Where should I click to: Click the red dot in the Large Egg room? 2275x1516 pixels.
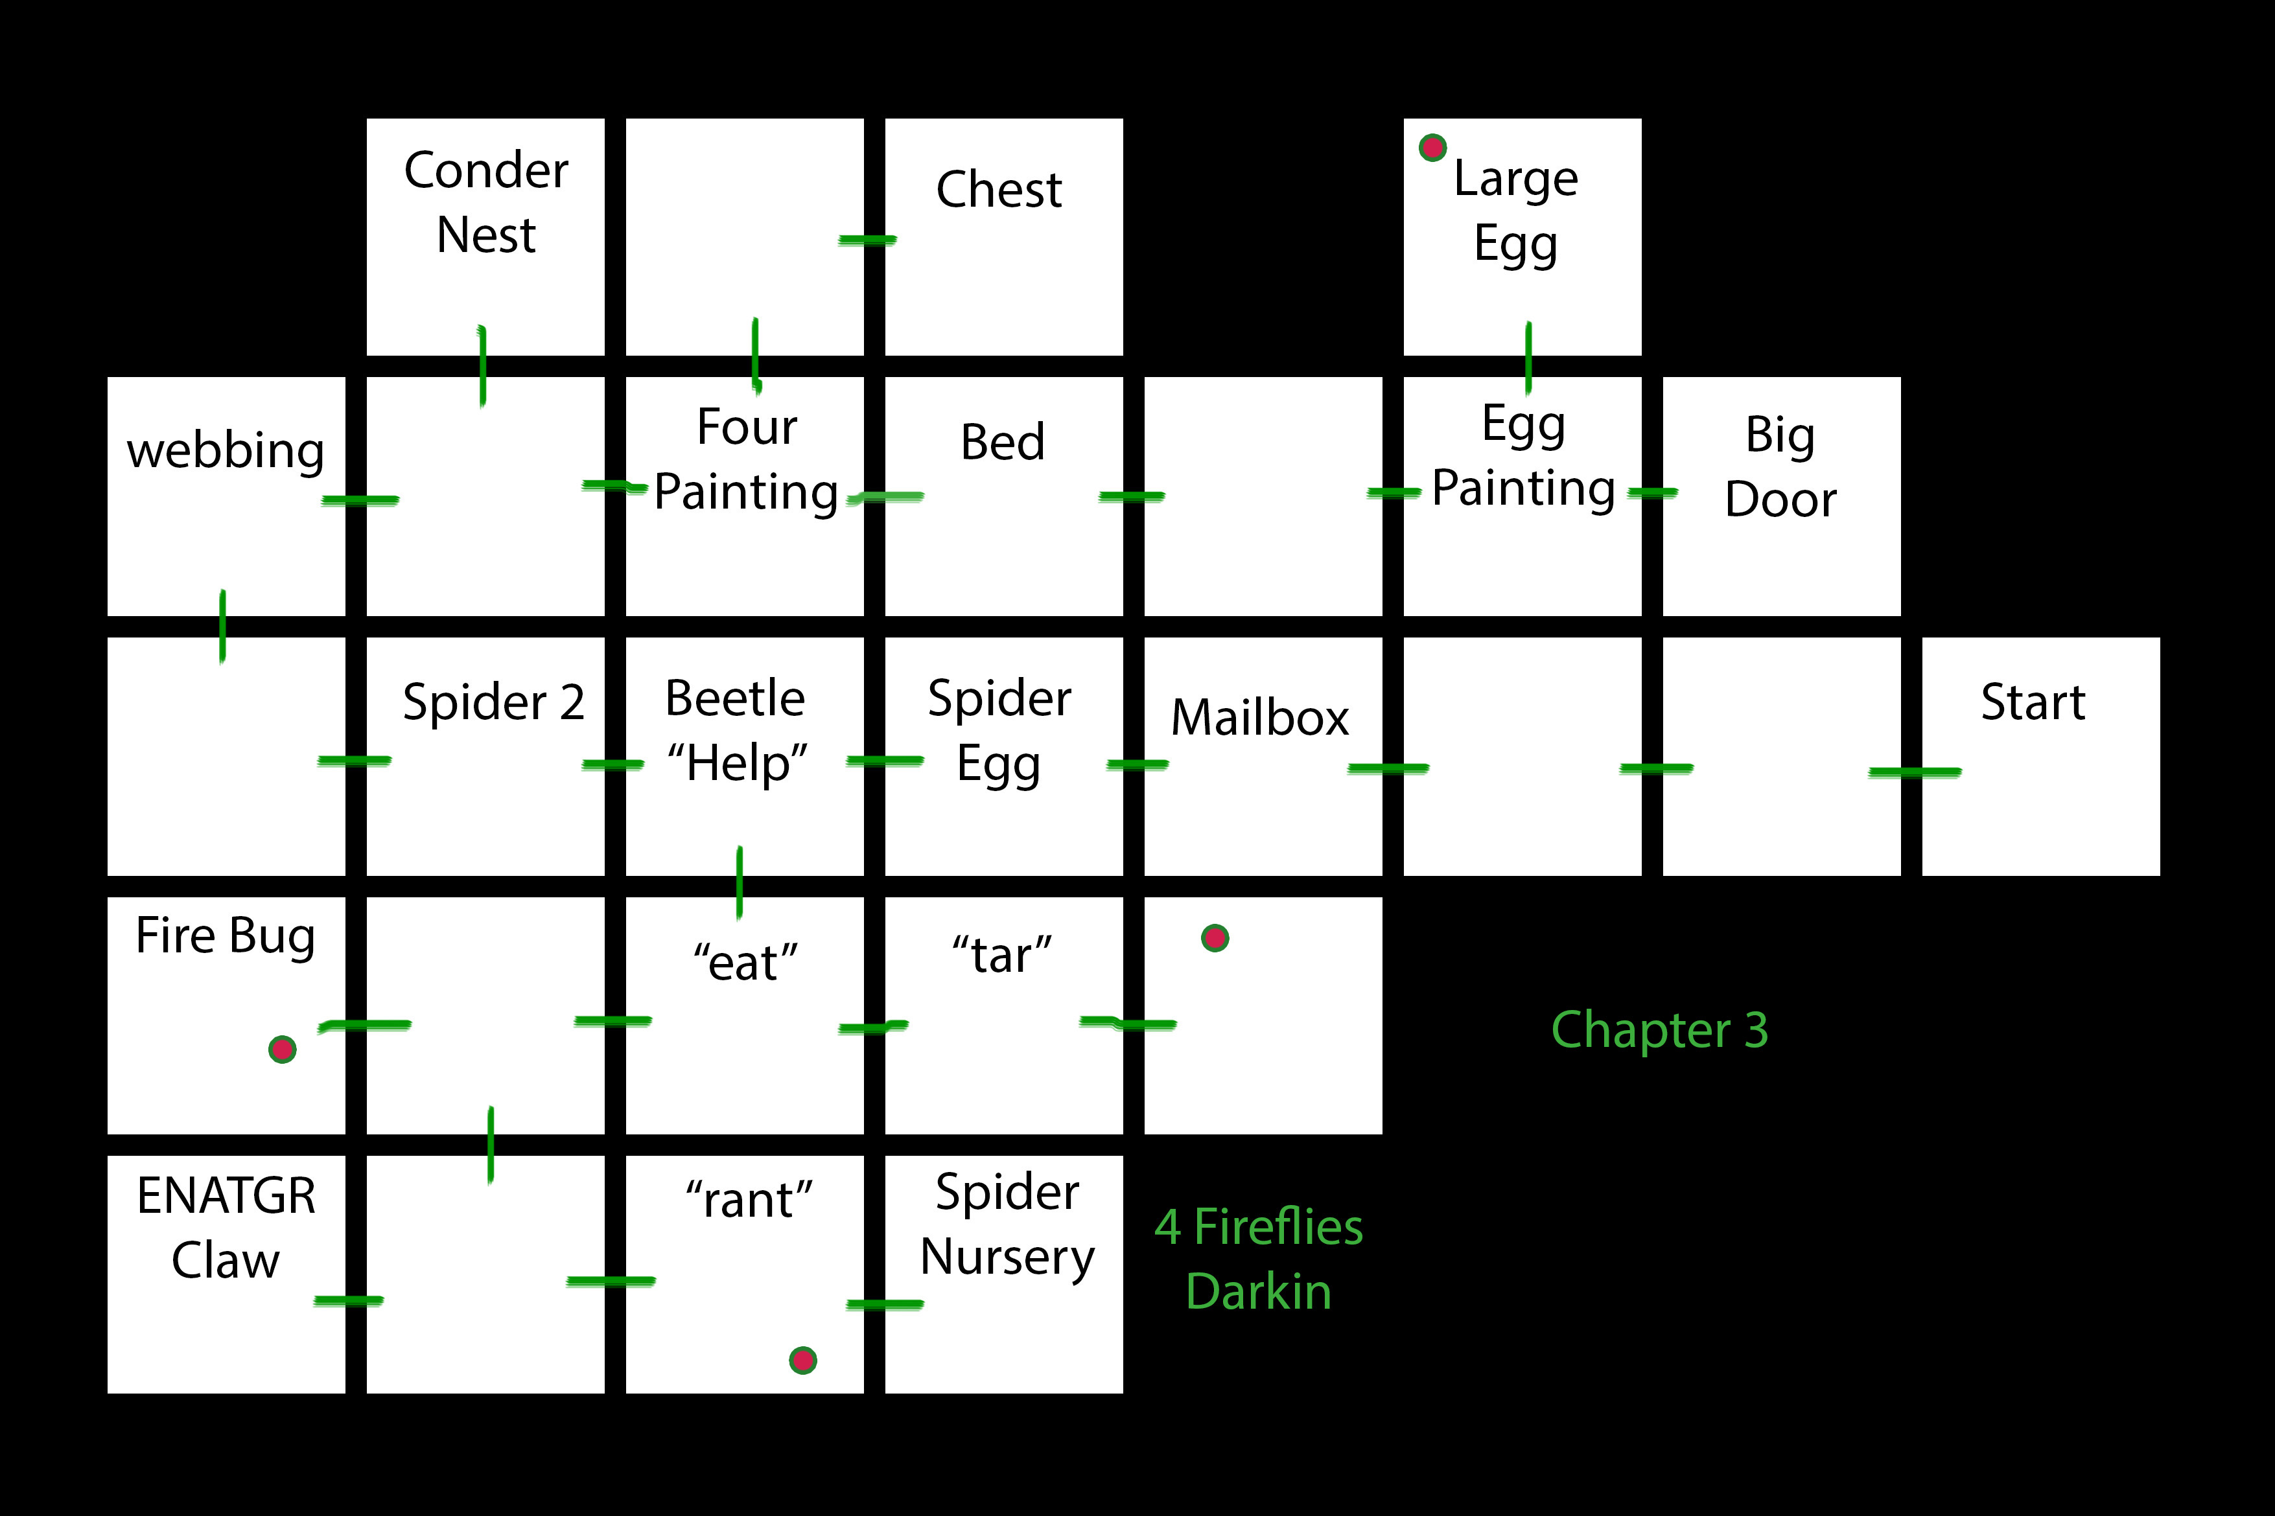tap(1432, 148)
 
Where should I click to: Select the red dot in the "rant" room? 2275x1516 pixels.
tap(803, 1361)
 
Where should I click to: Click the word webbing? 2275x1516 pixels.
tap(226, 450)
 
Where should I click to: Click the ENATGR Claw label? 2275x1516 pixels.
tap(226, 1228)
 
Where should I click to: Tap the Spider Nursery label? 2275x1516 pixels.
tap(1007, 1224)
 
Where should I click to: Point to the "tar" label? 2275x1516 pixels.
tap(1002, 955)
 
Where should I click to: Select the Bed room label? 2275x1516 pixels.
tap(1002, 442)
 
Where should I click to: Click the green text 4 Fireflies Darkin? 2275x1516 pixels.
tap(1259, 1259)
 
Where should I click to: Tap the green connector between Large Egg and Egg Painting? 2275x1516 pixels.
tap(1528, 358)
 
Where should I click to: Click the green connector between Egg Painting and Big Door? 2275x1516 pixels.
tap(1652, 492)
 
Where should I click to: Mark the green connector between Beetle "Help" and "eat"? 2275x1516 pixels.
tap(740, 882)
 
